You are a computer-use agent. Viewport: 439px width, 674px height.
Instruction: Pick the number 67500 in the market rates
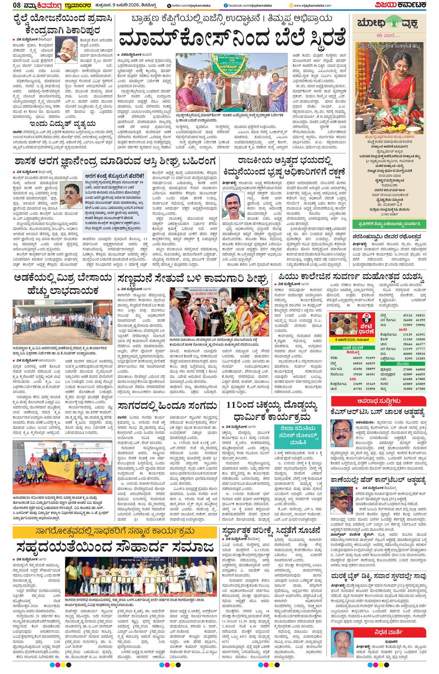click(419, 389)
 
